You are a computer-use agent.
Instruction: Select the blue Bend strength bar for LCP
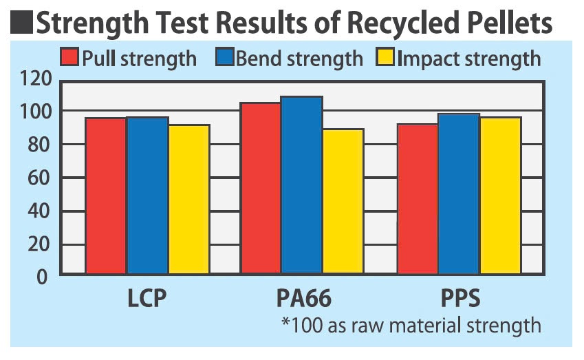[147, 196]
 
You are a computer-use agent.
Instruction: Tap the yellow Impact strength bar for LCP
[188, 200]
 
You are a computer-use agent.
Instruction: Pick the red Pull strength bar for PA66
[260, 189]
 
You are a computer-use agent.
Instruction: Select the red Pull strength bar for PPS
[417, 199]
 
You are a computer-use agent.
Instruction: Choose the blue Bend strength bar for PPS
[458, 194]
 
